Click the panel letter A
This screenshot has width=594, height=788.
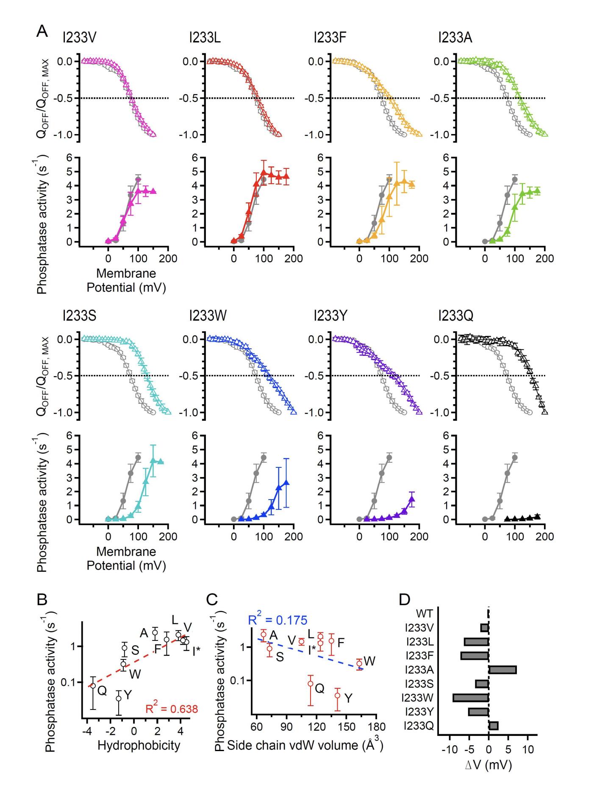(42, 31)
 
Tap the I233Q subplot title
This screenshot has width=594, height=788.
(456, 316)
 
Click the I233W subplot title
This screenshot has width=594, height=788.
(208, 316)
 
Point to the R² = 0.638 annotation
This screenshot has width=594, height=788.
(172, 709)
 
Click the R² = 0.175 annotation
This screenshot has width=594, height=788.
(278, 620)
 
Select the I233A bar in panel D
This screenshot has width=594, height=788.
(502, 670)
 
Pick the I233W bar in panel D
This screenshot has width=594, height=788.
(471, 698)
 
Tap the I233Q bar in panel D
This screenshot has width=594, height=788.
(494, 726)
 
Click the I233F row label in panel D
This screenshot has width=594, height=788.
(419, 656)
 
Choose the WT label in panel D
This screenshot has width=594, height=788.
(425, 614)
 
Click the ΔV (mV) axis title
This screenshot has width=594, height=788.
(489, 765)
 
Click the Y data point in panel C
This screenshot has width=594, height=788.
(338, 696)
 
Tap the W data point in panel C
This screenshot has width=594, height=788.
(359, 663)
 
